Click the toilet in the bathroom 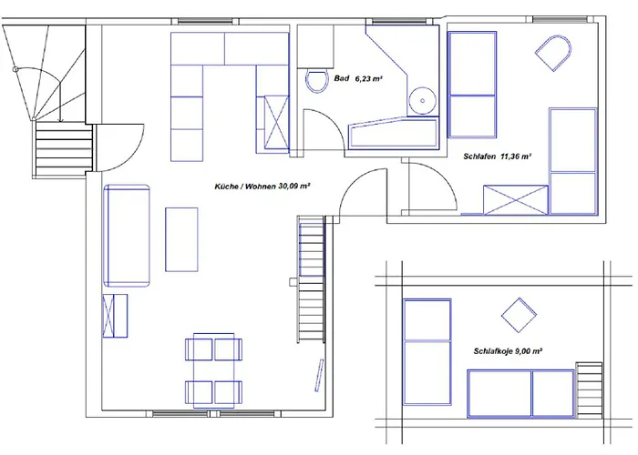pos(317,81)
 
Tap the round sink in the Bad pos(423,100)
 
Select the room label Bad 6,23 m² pos(358,78)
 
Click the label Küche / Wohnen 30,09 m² pos(262,187)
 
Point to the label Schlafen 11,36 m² pos(498,157)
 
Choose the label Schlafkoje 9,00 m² pos(508,351)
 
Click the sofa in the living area pos(127,236)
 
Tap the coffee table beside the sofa pos(181,239)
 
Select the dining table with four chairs pos(213,370)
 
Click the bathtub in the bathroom pos(393,133)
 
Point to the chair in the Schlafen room pos(553,53)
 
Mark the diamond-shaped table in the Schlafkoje pos(519,315)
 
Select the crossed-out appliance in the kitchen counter pos(276,122)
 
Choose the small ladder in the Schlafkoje pos(589,390)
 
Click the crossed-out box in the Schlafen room pos(516,200)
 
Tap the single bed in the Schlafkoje pos(427,352)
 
